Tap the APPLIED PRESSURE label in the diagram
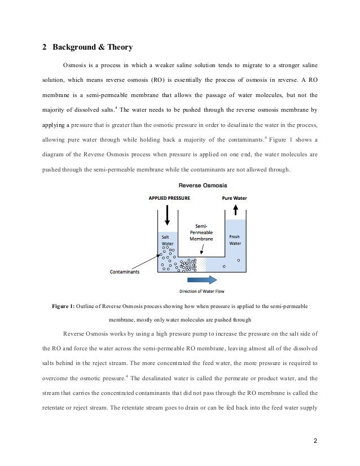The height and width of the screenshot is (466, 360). coord(169,199)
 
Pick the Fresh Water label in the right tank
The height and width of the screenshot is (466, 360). coord(235,240)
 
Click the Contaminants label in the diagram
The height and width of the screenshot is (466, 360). coord(125,271)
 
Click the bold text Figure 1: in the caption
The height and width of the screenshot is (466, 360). coord(63,306)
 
